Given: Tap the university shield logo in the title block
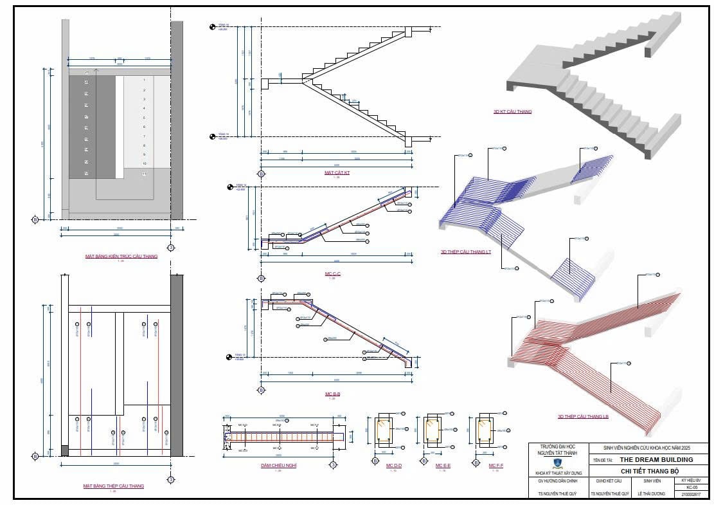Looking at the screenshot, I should click(x=558, y=463).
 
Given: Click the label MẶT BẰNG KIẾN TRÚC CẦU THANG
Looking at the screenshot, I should click(x=121, y=256).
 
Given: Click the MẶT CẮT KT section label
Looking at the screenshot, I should click(x=337, y=172).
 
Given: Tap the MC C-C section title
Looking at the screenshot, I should click(x=332, y=274).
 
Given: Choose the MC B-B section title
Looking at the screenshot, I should click(x=332, y=394).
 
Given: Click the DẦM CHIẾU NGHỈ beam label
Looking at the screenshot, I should click(x=278, y=464).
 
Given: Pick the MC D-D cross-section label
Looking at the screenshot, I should click(x=394, y=465).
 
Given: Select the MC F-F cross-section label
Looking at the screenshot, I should click(x=495, y=465).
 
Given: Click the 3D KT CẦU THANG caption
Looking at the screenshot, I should click(x=512, y=111).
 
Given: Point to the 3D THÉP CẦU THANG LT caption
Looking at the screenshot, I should click(x=465, y=252).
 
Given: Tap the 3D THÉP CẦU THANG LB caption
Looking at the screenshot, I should click(x=583, y=417).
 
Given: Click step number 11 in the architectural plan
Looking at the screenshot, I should click(x=145, y=174).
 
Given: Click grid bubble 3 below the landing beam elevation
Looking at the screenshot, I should click(x=333, y=464).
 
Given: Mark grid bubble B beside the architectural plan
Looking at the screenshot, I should click(x=35, y=219).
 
